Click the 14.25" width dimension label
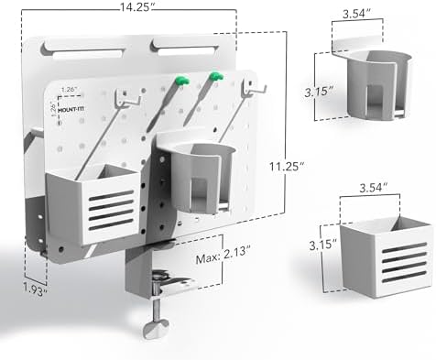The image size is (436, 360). click(136, 6)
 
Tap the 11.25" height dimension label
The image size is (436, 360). click(287, 167)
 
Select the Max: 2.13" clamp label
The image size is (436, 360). click(223, 252)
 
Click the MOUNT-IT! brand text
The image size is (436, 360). click(71, 109)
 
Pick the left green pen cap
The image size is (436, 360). click(182, 81)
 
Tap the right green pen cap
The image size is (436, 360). click(216, 76)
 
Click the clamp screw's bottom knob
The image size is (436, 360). click(156, 329)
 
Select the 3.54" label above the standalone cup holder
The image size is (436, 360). click(357, 14)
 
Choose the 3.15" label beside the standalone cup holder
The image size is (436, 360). click(319, 91)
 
